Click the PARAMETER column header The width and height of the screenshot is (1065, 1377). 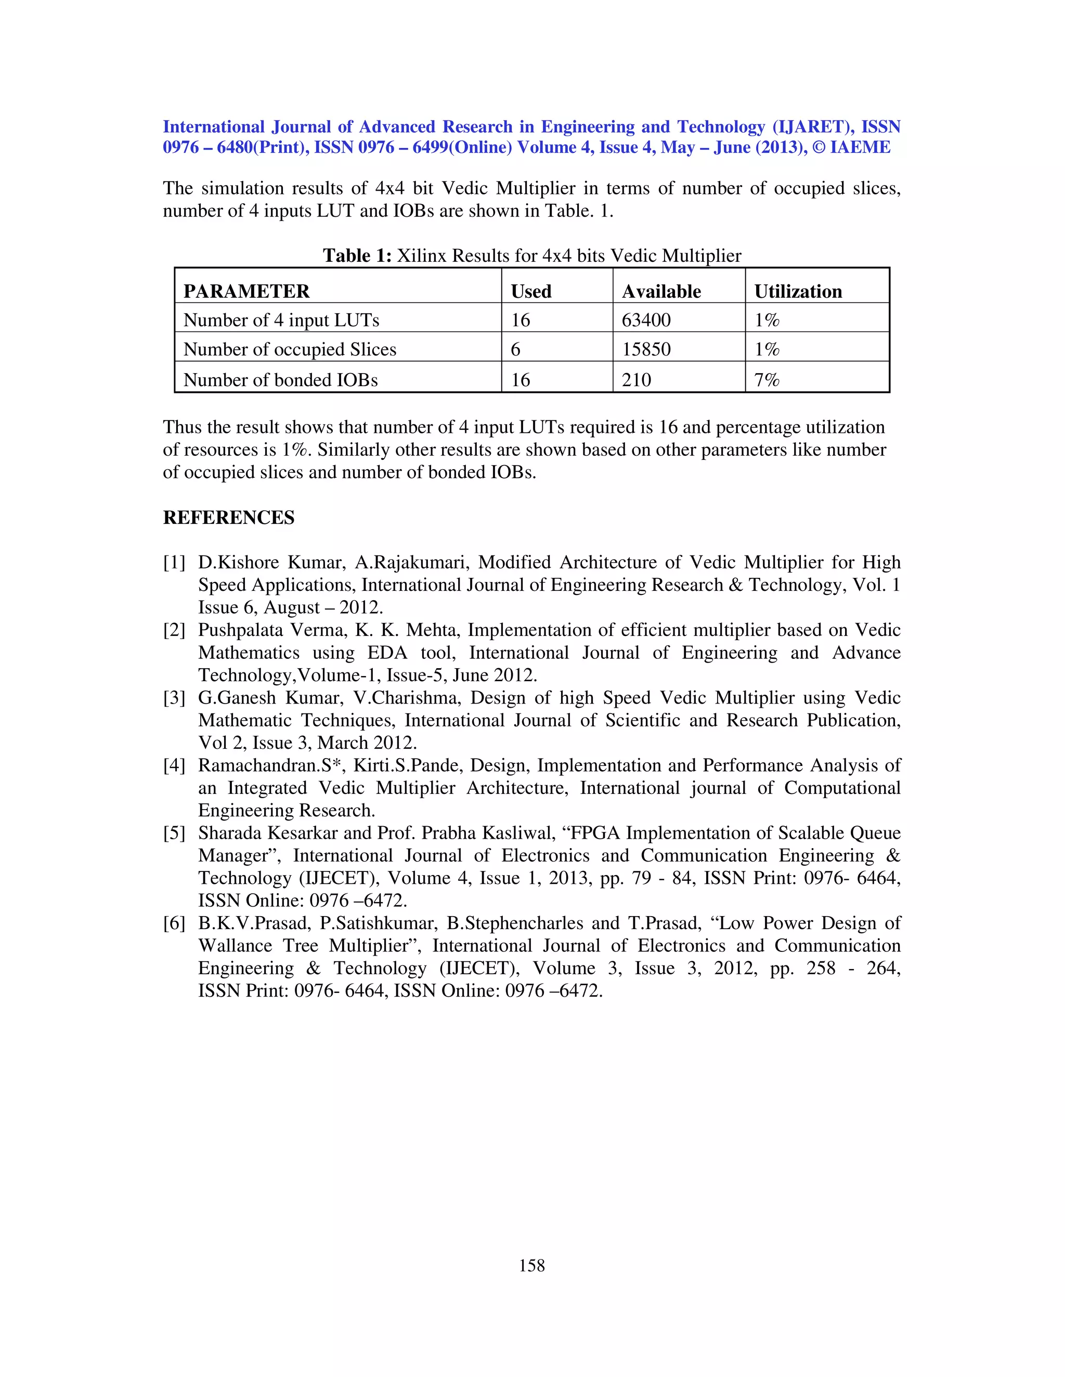[x=246, y=292]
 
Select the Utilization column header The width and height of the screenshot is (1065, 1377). [x=798, y=292]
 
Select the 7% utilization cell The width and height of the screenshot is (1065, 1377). [x=767, y=379]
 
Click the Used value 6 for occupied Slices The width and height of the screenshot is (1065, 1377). [x=515, y=349]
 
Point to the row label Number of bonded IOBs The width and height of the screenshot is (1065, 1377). [x=280, y=379]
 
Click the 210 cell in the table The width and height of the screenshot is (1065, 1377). [x=636, y=379]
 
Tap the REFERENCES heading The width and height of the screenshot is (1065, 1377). [x=228, y=518]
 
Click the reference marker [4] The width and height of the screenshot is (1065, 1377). [x=174, y=765]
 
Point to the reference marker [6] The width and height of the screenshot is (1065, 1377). [x=174, y=923]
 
